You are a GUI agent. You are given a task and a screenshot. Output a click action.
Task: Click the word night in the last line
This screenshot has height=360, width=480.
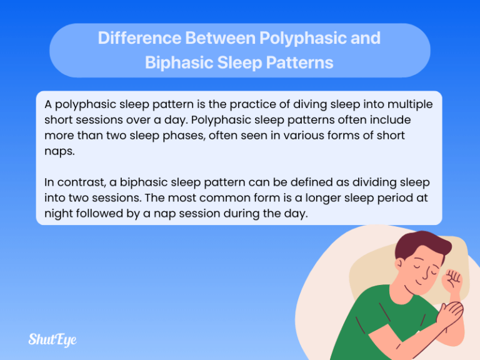point(59,213)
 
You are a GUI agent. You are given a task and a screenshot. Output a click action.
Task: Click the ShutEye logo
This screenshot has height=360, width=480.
point(52,340)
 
